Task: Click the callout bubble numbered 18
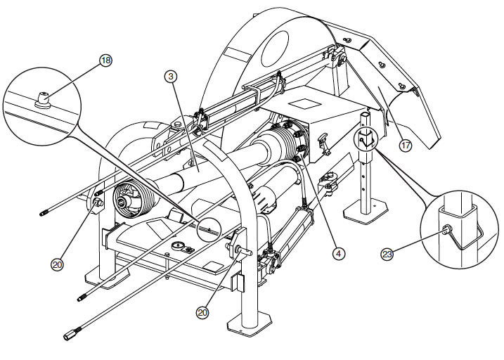pos(105,61)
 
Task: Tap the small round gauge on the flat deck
pos(176,247)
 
